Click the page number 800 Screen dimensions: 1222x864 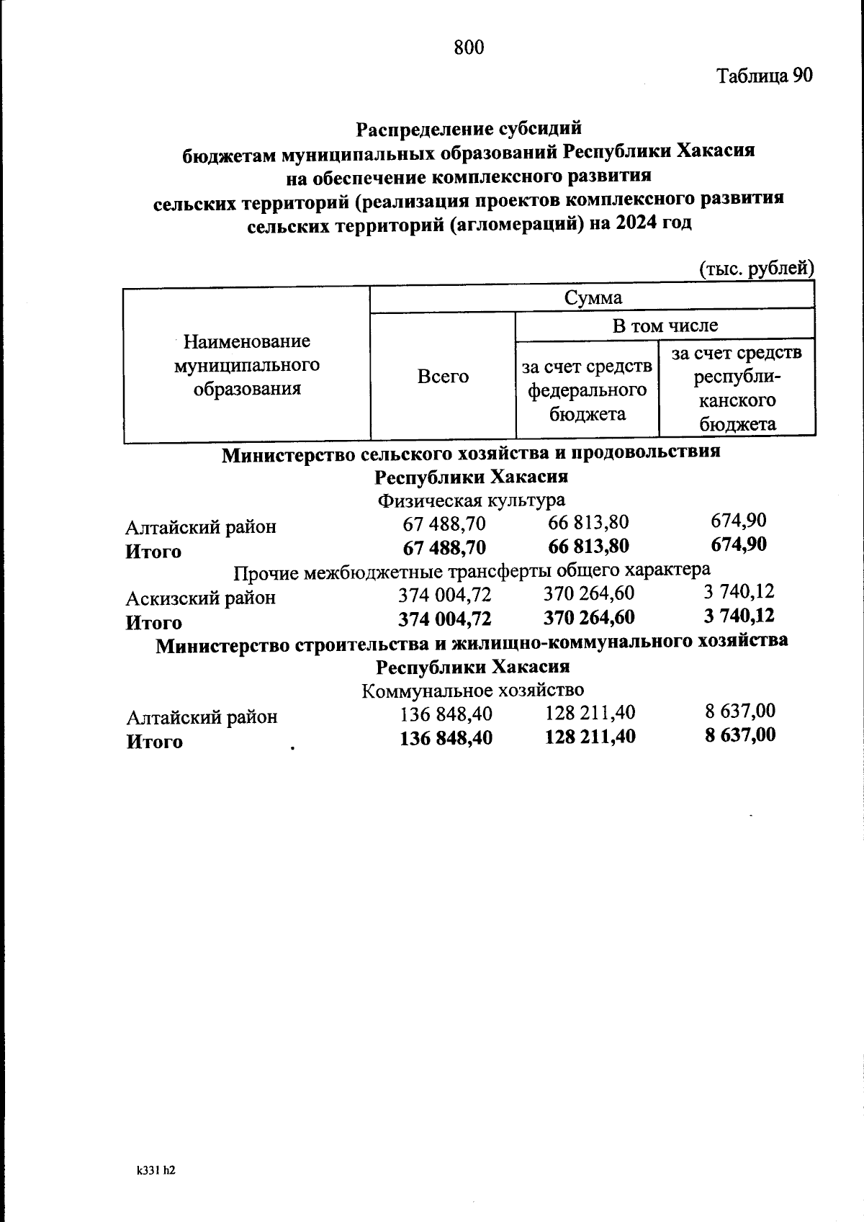pyautogui.click(x=469, y=48)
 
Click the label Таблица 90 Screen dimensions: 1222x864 pyautogui.click(x=764, y=76)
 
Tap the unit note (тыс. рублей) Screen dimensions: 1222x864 pyautogui.click(x=756, y=269)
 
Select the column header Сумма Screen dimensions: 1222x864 pyautogui.click(x=593, y=297)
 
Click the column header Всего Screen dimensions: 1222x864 pyautogui.click(x=443, y=376)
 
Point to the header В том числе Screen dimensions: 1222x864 pyautogui.click(x=665, y=325)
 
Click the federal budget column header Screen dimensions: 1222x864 pyautogui.click(x=587, y=390)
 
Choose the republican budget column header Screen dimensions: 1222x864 pyautogui.click(x=737, y=388)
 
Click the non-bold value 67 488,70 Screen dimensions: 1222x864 pyautogui.click(x=444, y=524)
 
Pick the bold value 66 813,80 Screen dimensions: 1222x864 pyautogui.click(x=588, y=546)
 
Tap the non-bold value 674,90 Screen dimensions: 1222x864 pyautogui.click(x=738, y=521)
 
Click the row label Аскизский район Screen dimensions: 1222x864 pyautogui.click(x=201, y=598)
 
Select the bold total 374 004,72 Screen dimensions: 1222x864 pyautogui.click(x=444, y=619)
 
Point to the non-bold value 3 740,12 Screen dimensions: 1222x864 pyautogui.click(x=738, y=592)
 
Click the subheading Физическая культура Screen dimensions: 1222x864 pyautogui.click(x=472, y=500)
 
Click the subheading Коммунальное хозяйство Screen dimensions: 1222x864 pyautogui.click(x=472, y=691)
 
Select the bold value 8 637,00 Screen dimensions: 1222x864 pyautogui.click(x=740, y=735)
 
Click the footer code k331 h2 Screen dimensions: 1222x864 pyautogui.click(x=156, y=1171)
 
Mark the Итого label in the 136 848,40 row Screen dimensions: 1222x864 pyautogui.click(x=155, y=742)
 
